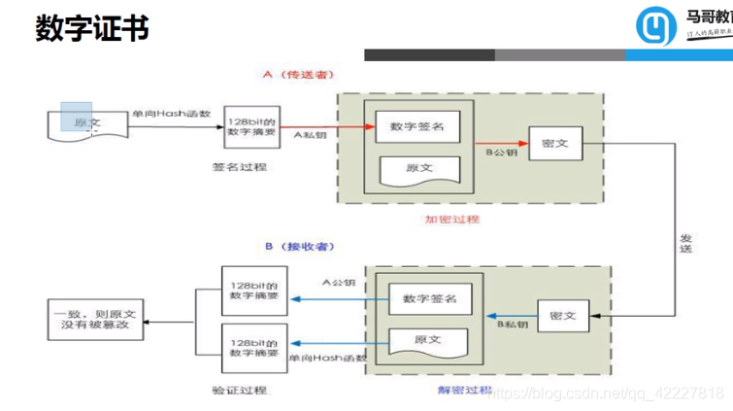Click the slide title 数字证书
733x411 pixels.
point(92,28)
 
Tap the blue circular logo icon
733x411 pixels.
point(657,28)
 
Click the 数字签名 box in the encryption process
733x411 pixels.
point(416,127)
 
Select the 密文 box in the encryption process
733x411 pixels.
point(554,142)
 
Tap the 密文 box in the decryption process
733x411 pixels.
point(562,317)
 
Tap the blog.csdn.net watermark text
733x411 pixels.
point(607,393)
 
